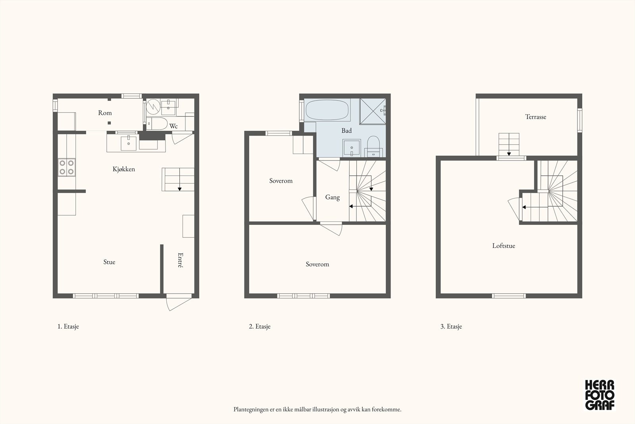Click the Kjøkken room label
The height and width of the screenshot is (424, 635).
(x=123, y=169)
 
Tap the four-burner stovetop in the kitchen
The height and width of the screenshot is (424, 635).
(x=67, y=167)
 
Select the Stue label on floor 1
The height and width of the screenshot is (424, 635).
(x=109, y=262)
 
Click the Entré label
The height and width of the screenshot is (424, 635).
(x=180, y=260)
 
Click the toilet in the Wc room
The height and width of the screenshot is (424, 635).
(x=157, y=124)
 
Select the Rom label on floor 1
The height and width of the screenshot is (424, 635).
(x=105, y=113)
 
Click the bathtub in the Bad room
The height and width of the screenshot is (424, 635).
(x=327, y=110)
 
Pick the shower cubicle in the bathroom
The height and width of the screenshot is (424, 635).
(x=373, y=111)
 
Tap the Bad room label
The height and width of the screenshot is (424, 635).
(x=346, y=131)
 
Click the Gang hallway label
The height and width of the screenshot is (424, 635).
(x=332, y=197)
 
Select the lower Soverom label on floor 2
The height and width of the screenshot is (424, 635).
(x=317, y=264)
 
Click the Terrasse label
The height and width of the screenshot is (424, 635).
(x=535, y=117)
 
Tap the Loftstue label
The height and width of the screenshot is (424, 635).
(x=504, y=246)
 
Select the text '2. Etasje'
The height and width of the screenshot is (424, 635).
(x=260, y=326)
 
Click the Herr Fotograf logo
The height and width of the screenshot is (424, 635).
(x=600, y=395)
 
